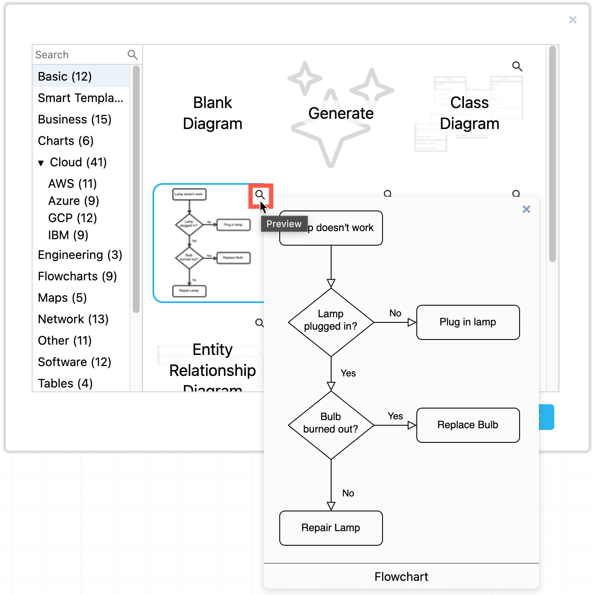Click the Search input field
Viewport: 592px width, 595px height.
pos(79,55)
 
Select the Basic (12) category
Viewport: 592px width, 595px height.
pos(65,76)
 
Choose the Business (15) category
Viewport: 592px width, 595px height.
pos(75,119)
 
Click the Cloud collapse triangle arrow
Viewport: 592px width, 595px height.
pos(41,163)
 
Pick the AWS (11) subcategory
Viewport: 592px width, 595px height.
pos(72,183)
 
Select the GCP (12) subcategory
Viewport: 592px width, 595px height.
pos(72,218)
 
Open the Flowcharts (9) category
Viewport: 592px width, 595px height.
pos(77,276)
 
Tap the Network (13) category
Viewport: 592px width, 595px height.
pos(73,319)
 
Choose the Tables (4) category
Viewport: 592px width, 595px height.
pos(65,383)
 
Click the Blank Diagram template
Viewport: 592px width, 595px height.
pos(212,113)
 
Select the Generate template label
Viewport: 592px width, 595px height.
pos(341,113)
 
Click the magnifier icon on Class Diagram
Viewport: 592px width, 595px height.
pos(517,66)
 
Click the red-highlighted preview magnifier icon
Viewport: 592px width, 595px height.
pos(260,195)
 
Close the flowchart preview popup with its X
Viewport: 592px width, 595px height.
pos(526,209)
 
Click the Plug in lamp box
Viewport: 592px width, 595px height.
pos(468,322)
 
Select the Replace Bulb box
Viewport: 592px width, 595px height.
pos(468,425)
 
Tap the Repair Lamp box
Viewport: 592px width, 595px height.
pos(331,528)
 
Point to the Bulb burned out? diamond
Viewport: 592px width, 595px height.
pos(331,425)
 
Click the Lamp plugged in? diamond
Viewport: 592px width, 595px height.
pos(331,322)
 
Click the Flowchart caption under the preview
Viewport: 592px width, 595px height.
pos(401,577)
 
